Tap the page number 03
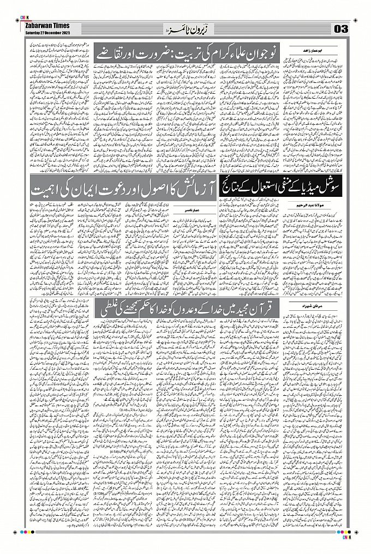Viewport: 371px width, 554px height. click(x=342, y=28)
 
